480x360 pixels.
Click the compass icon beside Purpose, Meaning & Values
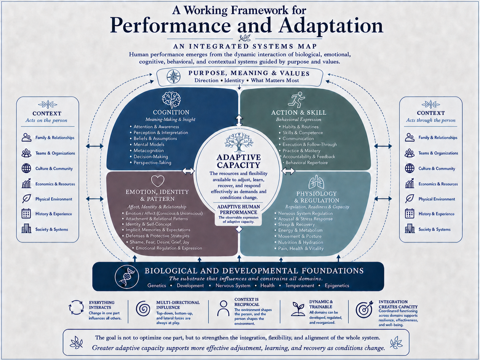pyautogui.click(x=173, y=77)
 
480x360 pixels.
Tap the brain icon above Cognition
pyautogui.click(x=171, y=100)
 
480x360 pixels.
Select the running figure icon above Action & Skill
pyautogui.click(x=297, y=100)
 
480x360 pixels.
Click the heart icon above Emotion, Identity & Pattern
pyautogui.click(x=158, y=181)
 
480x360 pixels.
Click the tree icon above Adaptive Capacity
pyautogui.click(x=239, y=143)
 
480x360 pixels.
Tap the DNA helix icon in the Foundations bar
pyautogui.click(x=127, y=277)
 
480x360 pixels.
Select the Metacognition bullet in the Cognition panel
pyautogui.click(x=149, y=150)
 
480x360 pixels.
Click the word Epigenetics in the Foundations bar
pyautogui.click(x=337, y=286)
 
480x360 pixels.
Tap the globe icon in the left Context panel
pyautogui.click(x=26, y=168)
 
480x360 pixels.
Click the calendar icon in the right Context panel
pyautogui.click(x=410, y=213)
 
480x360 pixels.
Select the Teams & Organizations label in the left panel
pyautogui.click(x=55, y=153)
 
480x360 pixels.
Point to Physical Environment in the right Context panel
pyautogui.click(x=437, y=199)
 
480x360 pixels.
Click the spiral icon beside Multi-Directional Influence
pyautogui.click(x=143, y=309)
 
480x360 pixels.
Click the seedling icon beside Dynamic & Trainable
pyautogui.click(x=298, y=309)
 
